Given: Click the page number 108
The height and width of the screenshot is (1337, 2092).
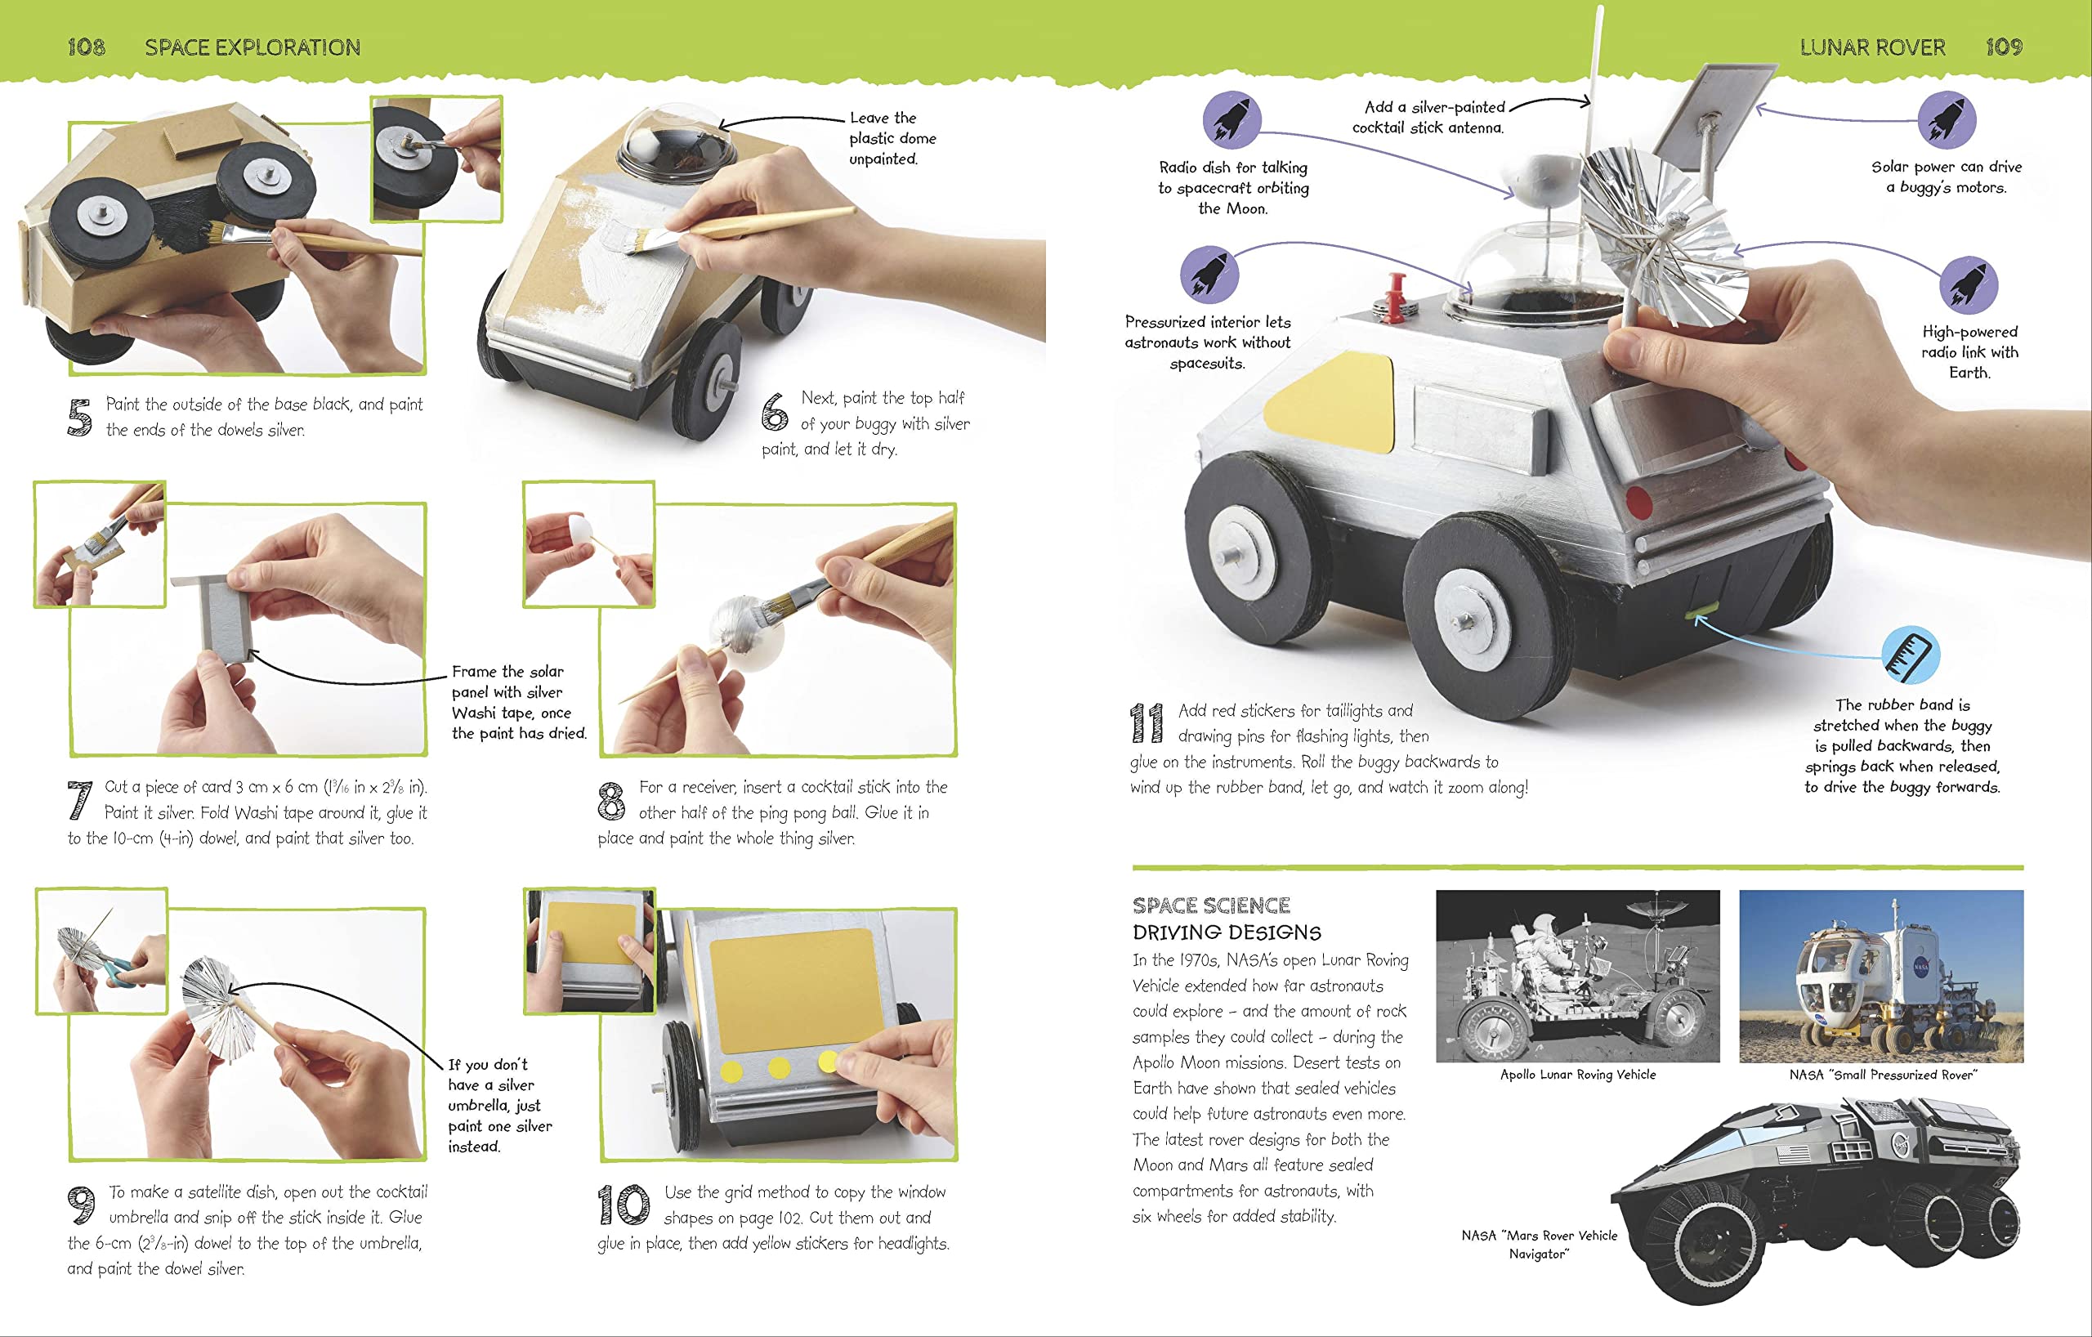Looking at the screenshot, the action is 86,47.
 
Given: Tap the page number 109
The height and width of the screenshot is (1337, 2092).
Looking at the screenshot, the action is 2004,47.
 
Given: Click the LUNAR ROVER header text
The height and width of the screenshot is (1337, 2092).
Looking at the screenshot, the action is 1872,47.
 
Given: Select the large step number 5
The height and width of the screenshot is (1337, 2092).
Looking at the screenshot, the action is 79,417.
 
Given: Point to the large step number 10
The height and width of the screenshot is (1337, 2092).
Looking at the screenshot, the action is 623,1205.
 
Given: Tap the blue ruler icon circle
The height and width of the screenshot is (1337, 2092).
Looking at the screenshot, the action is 1911,654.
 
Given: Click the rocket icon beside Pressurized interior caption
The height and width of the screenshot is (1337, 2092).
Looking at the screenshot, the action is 1209,274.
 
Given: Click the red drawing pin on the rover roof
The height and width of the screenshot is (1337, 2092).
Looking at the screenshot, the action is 1395,295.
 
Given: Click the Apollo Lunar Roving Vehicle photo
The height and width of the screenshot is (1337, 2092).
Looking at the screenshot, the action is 1578,976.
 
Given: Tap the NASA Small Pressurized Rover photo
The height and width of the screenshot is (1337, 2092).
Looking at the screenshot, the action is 1881,976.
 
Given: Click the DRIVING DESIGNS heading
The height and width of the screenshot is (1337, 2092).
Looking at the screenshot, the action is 1227,932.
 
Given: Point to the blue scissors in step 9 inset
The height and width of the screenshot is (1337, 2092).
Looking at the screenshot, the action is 122,969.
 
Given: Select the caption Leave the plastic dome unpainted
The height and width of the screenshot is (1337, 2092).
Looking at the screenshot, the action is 892,138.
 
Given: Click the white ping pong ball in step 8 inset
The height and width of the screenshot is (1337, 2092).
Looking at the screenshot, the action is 579,527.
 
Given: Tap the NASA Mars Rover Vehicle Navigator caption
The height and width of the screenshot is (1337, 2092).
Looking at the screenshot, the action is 1539,1244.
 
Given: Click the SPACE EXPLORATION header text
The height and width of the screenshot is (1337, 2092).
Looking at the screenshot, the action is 252,47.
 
